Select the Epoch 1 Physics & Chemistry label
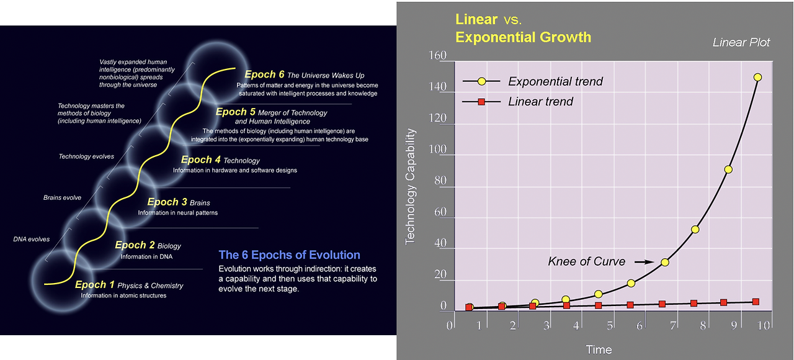pyautogui.click(x=129, y=286)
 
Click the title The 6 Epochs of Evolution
pyautogui.click(x=289, y=255)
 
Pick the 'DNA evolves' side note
pyautogui.click(x=32, y=239)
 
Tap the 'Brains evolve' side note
pyautogui.click(x=62, y=197)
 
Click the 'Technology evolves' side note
pyautogui.click(x=86, y=156)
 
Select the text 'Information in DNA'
pyautogui.click(x=148, y=256)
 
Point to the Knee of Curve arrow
pyautogui.click(x=645, y=262)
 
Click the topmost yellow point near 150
pyautogui.click(x=757, y=78)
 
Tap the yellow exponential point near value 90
pyautogui.click(x=728, y=169)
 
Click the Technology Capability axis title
pyautogui.click(x=411, y=186)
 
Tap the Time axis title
pyautogui.click(x=599, y=350)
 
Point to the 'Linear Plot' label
pyautogui.click(x=741, y=43)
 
